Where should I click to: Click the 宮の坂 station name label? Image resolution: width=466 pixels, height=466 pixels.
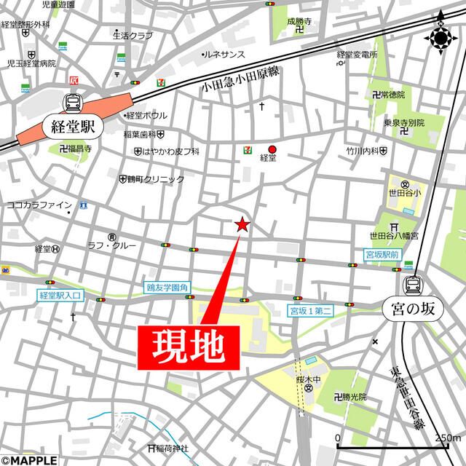pyautogui.click(x=412, y=309)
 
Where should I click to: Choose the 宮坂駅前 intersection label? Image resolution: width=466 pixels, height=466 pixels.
pyautogui.click(x=383, y=255)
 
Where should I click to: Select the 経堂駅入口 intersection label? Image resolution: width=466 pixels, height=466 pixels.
pyautogui.click(x=62, y=296)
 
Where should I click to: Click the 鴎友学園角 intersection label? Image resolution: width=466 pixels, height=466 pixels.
pyautogui.click(x=167, y=288)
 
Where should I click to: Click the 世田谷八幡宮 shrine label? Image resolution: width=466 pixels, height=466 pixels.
pyautogui.click(x=394, y=236)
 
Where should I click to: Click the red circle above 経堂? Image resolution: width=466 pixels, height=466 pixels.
pyautogui.click(x=272, y=149)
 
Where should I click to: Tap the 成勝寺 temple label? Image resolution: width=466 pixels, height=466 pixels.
pyautogui.click(x=299, y=23)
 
